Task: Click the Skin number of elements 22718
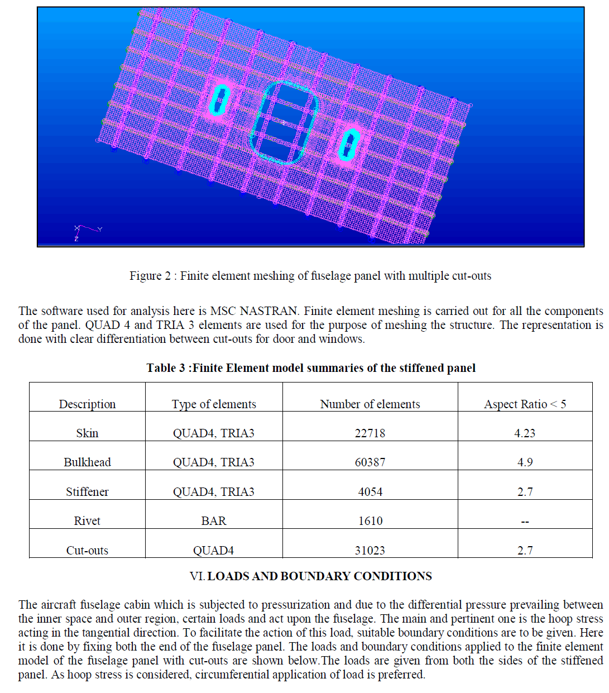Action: pos(370,433)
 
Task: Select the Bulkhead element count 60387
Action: pos(370,462)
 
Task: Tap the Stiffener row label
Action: pos(87,492)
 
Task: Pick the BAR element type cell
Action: pos(213,521)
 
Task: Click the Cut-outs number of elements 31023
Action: pos(370,551)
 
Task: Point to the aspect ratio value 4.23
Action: pos(524,433)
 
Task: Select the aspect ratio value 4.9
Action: pos(524,462)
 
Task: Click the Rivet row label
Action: pos(87,521)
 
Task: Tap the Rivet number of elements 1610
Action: pos(370,521)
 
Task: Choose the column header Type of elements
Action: pos(213,404)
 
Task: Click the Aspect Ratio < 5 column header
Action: pos(524,404)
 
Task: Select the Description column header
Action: pos(87,404)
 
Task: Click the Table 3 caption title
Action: pos(311,368)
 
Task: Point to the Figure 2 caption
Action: pos(310,276)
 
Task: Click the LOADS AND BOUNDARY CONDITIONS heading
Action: pos(319,576)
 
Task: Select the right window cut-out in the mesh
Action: pos(349,144)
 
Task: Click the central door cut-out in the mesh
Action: pos(284,123)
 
